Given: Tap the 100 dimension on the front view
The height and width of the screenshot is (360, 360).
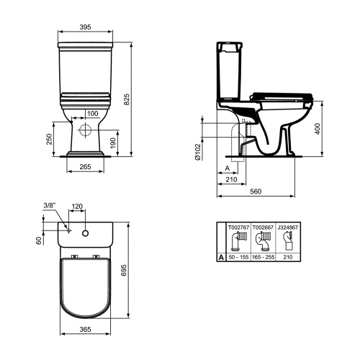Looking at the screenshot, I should (x=93, y=113).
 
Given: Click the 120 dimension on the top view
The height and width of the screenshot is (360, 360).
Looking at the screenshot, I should (x=78, y=204).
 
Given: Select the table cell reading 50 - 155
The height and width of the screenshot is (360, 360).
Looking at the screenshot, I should (x=240, y=256).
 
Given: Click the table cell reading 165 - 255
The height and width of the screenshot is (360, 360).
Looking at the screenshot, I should (x=263, y=256).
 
